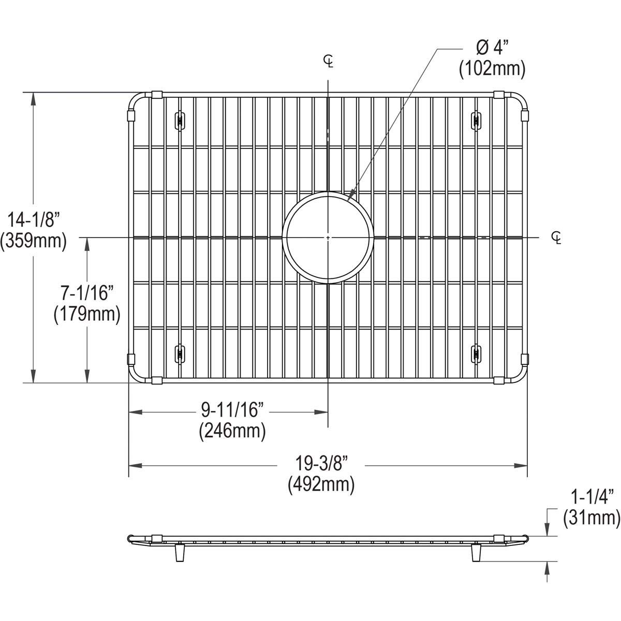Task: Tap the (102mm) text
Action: (x=492, y=69)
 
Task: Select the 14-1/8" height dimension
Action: (x=34, y=220)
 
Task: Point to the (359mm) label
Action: (x=34, y=241)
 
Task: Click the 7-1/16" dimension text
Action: (x=87, y=293)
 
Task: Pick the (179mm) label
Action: (x=87, y=314)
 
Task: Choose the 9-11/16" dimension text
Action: (x=233, y=410)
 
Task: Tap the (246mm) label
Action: (x=232, y=431)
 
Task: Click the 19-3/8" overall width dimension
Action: (x=321, y=464)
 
